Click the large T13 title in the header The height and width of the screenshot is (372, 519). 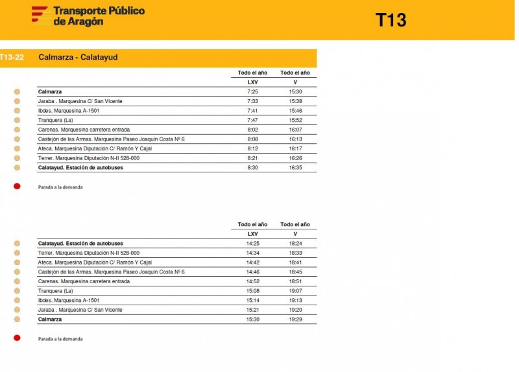point(391,20)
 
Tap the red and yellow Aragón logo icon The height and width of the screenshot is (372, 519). point(40,15)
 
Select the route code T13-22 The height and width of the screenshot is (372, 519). point(12,58)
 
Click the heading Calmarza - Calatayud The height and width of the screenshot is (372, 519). point(78,58)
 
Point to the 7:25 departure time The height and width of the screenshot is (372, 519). point(252,92)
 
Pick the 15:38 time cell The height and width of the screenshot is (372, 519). point(295,101)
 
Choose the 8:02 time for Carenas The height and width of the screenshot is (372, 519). point(252,130)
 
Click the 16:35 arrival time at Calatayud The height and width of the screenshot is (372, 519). point(295,167)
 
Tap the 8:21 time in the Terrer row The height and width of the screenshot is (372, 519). point(252,158)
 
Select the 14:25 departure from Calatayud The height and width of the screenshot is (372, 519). point(252,244)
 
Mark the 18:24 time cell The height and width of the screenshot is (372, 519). point(295,244)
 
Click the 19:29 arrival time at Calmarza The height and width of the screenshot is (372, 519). point(295,320)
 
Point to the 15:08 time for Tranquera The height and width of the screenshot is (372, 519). point(252,291)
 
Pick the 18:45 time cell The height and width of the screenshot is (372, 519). point(295,272)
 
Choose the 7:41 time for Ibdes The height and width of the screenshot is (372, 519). point(252,111)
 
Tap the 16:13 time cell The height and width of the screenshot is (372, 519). point(295,139)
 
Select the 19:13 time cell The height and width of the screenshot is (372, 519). point(295,301)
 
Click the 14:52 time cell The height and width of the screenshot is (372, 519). point(252,281)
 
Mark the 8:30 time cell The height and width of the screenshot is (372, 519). point(252,167)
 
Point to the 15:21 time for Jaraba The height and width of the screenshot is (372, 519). point(252,310)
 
